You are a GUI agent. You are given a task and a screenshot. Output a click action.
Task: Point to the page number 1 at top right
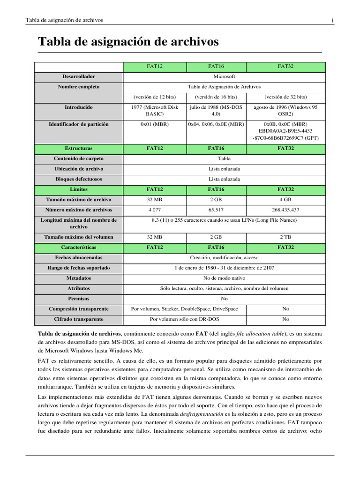[332, 20]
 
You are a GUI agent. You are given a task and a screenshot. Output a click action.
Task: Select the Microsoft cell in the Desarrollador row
[224, 76]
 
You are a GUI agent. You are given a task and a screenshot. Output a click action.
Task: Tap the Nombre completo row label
[79, 87]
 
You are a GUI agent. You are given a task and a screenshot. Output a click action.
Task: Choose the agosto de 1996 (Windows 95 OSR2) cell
[285, 110]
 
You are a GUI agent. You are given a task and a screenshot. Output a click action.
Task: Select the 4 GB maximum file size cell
[285, 200]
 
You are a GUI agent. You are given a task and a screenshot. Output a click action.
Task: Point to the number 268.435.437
[285, 210]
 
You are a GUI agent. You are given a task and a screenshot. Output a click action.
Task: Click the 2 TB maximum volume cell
[285, 237]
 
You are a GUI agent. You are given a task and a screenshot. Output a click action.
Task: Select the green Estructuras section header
[79, 148]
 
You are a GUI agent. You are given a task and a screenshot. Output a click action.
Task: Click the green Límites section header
[79, 189]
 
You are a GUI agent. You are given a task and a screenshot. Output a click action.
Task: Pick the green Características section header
[79, 247]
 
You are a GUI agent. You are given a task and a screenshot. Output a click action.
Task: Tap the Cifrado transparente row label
[79, 319]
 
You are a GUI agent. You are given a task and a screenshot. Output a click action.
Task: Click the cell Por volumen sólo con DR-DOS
[184, 319]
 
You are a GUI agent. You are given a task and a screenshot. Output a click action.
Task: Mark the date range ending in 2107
[224, 268]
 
